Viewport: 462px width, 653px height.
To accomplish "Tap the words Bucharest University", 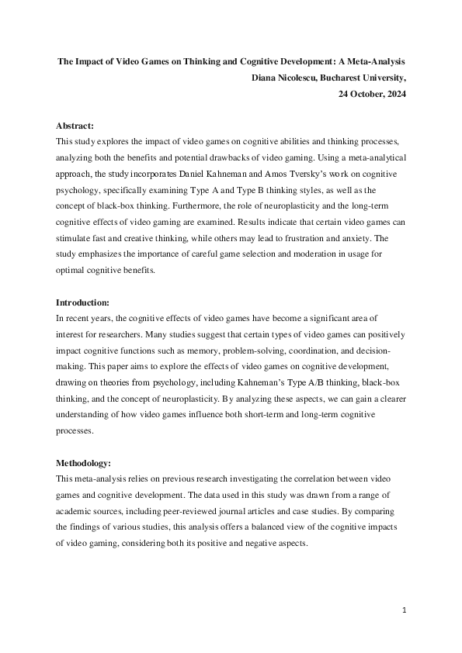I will tap(364, 78).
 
